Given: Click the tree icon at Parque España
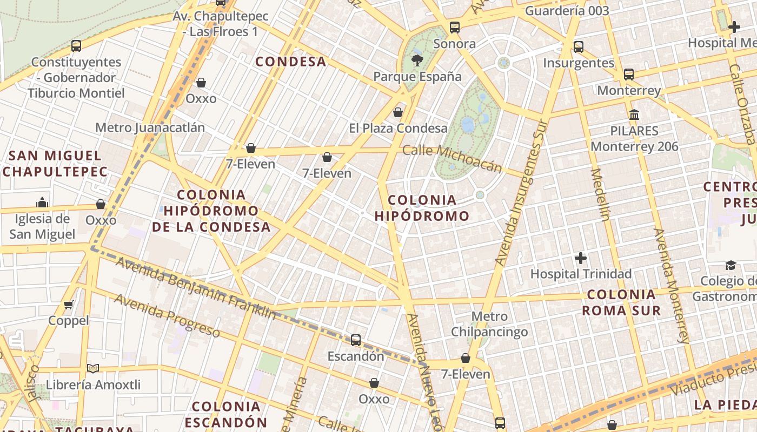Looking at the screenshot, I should [x=417, y=60].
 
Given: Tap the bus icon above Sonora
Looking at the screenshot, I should [x=455, y=28].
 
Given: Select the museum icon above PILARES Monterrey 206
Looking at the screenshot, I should [x=634, y=114].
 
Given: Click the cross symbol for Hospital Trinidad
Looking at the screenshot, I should [x=581, y=258].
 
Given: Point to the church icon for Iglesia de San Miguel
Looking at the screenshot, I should [x=42, y=202].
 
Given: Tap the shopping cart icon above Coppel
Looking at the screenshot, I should [x=69, y=305].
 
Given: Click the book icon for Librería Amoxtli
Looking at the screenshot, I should [x=93, y=368].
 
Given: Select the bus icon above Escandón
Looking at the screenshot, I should [x=356, y=340].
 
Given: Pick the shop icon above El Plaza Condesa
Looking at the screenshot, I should [x=398, y=112].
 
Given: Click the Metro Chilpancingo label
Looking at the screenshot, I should [x=489, y=324].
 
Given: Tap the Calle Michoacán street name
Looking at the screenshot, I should [x=453, y=158].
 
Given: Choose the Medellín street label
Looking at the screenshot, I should [x=600, y=194].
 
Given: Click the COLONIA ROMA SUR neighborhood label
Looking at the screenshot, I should [x=621, y=302].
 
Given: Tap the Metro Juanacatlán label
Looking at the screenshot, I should [x=150, y=127].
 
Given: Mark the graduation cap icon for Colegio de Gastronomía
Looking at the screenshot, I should [x=731, y=265].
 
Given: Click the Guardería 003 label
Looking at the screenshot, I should [x=567, y=11].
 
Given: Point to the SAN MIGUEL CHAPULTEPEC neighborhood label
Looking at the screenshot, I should [x=55, y=164].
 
